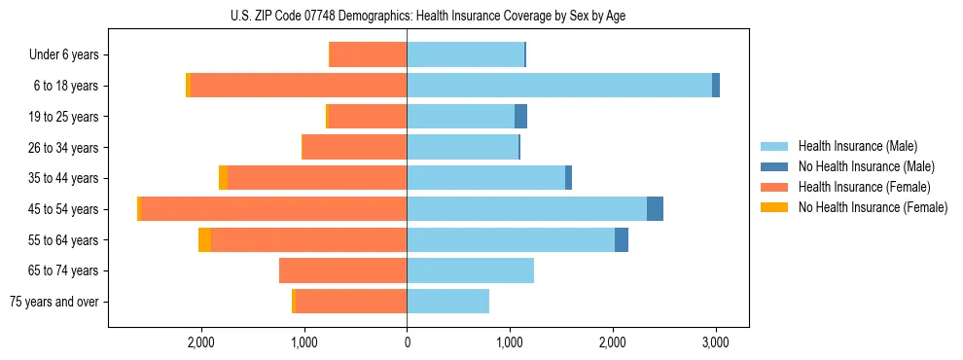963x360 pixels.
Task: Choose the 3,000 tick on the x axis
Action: [715, 342]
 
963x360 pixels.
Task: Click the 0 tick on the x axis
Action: [407, 342]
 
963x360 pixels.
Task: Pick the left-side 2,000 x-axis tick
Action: [201, 342]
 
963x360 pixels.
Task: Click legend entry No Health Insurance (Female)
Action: [873, 207]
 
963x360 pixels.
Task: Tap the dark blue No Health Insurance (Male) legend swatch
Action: [774, 166]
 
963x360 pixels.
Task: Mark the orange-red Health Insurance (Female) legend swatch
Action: [774, 187]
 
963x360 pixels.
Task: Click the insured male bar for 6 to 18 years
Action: [559, 86]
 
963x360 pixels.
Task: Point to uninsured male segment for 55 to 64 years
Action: [622, 240]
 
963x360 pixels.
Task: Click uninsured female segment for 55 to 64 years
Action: [205, 240]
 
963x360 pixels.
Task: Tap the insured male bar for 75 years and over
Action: [447, 302]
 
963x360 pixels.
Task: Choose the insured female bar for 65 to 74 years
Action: [342, 270]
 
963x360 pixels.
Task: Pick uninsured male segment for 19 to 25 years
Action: [520, 117]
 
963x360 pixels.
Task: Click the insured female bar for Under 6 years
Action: [369, 55]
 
